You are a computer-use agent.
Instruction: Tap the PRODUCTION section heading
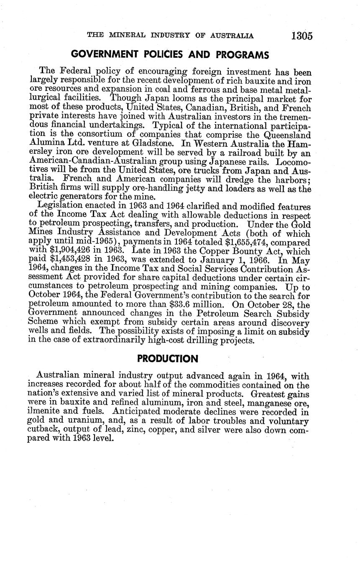[167, 359]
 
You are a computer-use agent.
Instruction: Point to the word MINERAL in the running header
[127, 36]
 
